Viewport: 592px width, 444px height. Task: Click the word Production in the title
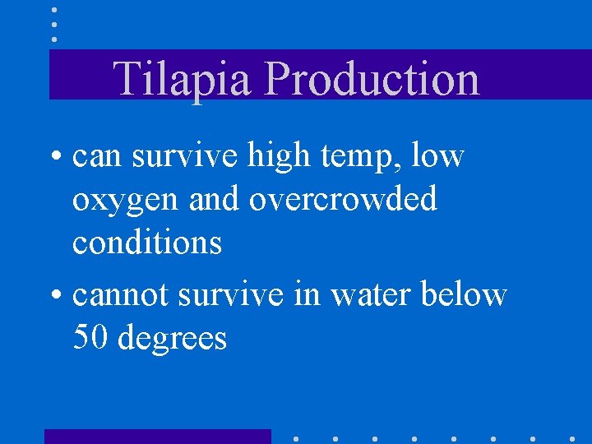pyautogui.click(x=373, y=79)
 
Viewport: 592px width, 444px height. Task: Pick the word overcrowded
pyautogui.click(x=343, y=199)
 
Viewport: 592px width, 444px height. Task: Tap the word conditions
pyautogui.click(x=147, y=243)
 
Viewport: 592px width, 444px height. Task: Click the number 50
pyautogui.click(x=91, y=337)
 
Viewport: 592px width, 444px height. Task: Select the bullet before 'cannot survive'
pyautogui.click(x=58, y=294)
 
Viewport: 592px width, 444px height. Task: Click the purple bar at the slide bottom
pyautogui.click(x=157, y=437)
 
